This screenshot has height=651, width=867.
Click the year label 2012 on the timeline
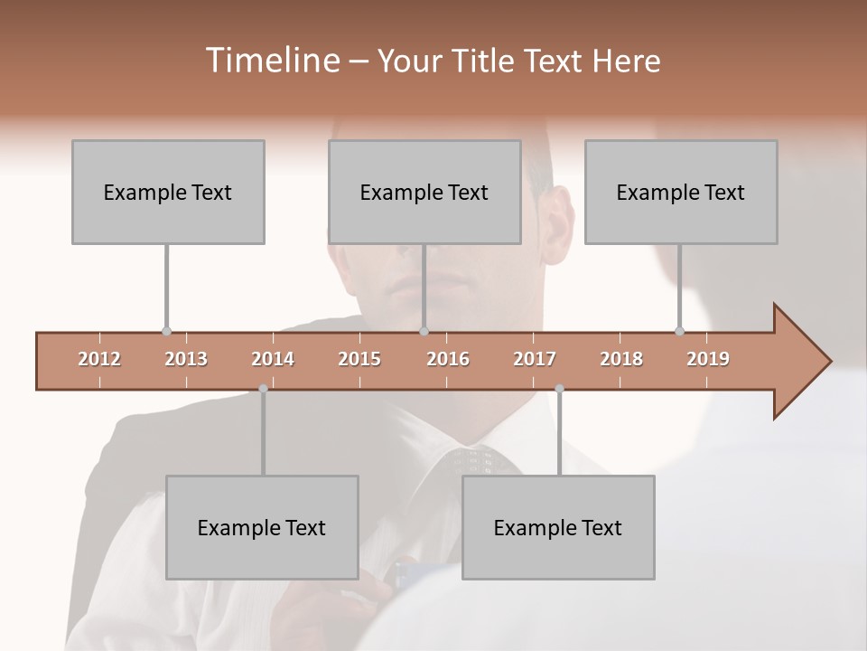click(99, 359)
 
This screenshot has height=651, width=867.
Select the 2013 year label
click(186, 359)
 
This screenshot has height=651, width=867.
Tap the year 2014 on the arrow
click(273, 359)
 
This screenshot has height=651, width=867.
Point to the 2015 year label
click(359, 359)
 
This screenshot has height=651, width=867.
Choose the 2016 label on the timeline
click(448, 359)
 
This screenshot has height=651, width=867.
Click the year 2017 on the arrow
click(535, 359)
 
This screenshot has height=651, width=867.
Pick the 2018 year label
click(621, 359)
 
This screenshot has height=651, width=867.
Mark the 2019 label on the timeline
click(708, 359)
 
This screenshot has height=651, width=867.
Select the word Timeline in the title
click(270, 61)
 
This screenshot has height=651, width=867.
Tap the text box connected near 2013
click(168, 192)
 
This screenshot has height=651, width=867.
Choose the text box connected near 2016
click(424, 192)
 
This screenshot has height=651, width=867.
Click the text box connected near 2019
click(681, 192)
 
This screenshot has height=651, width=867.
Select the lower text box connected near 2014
click(262, 527)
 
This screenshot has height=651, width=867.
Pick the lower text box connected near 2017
click(558, 527)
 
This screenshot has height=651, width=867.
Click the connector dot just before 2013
click(166, 332)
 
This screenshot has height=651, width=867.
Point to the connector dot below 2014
click(263, 389)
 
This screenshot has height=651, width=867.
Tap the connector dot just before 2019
click(679, 332)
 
